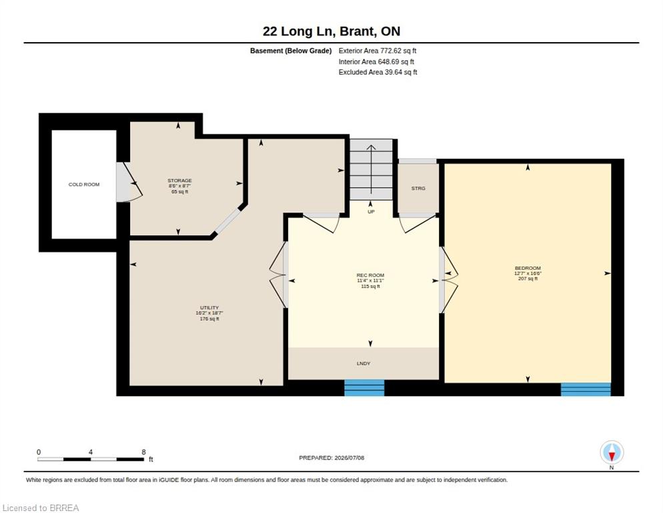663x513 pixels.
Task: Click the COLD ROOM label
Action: point(84,185)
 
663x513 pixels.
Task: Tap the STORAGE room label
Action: point(179,180)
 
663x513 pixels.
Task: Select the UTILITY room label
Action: point(209,307)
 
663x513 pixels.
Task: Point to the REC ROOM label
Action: point(370,275)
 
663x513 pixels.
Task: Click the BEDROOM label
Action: point(528,268)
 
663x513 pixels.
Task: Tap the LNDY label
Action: point(364,363)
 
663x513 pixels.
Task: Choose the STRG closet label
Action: point(418,188)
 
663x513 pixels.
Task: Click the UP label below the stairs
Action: point(371,212)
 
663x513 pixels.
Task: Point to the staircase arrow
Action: point(371,169)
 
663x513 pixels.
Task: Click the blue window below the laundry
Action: point(364,388)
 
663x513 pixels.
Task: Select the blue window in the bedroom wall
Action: point(586,389)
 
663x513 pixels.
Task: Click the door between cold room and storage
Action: point(129,182)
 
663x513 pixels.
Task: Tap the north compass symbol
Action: point(612,453)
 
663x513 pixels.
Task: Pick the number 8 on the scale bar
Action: point(144,452)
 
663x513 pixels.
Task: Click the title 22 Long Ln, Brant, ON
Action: point(331,31)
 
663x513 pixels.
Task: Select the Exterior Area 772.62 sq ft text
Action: point(378,51)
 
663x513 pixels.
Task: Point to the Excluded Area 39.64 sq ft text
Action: point(378,72)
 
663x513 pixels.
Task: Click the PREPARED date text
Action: point(331,458)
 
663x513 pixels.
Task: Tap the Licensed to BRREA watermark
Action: point(41,508)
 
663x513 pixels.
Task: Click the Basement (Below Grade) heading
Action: point(291,51)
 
